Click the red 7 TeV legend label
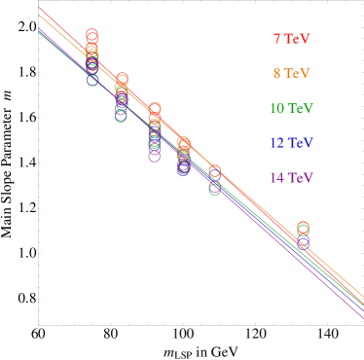pyautogui.click(x=291, y=39)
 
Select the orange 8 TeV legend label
pyautogui.click(x=291, y=73)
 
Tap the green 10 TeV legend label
pyautogui.click(x=291, y=108)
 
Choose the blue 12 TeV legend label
pyautogui.click(x=291, y=143)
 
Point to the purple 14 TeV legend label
pyautogui.click(x=291, y=178)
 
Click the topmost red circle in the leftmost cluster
pyautogui.click(x=91, y=35)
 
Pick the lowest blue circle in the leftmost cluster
pyautogui.click(x=92, y=80)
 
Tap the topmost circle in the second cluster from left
pyautogui.click(x=122, y=79)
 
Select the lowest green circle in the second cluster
pyautogui.click(x=121, y=116)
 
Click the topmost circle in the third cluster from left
pyautogui.click(x=154, y=109)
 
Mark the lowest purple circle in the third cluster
pyautogui.click(x=154, y=156)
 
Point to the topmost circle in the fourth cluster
pyautogui.click(x=183, y=142)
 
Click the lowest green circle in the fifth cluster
pyautogui.click(x=214, y=189)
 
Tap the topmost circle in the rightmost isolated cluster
pyautogui.click(x=303, y=228)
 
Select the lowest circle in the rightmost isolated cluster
pyautogui.click(x=303, y=243)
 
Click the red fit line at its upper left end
pyautogui.click(x=41, y=8)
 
